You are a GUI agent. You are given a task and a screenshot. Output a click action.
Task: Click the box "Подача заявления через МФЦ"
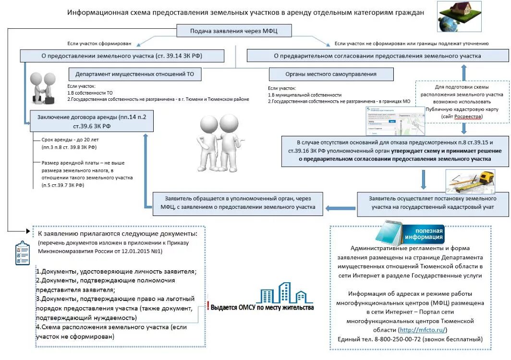(234, 32)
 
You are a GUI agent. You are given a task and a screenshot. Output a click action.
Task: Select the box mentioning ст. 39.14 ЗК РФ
(122, 56)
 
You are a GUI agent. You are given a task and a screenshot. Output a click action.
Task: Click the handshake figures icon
(43, 87)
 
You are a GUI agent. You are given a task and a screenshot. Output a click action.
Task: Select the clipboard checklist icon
(22, 253)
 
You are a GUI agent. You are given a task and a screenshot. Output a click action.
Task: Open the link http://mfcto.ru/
(423, 330)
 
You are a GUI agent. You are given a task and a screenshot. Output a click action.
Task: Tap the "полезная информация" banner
(423, 234)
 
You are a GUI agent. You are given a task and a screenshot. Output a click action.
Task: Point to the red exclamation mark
(208, 305)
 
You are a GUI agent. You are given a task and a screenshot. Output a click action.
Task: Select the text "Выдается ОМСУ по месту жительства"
(262, 308)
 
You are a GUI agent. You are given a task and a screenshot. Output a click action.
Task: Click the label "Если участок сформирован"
(99, 43)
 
